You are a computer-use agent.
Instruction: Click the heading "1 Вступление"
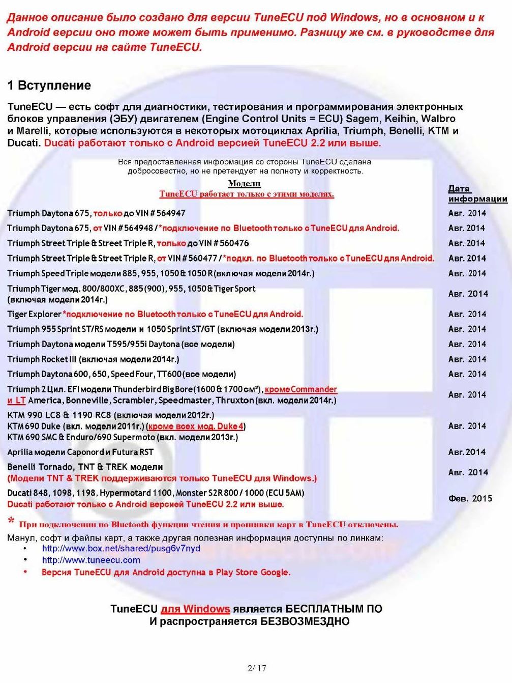pos(49,86)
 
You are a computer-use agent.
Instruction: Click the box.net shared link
pos(121,549)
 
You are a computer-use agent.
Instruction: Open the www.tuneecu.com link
pos(91,560)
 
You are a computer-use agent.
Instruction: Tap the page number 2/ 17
pos(256,668)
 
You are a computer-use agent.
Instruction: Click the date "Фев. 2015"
pos(470,499)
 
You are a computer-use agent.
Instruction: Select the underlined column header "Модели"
pos(244,184)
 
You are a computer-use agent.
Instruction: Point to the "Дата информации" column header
pos(477,194)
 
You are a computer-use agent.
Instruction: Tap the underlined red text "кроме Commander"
pos(301,389)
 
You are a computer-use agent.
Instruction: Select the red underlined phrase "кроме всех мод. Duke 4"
pos(196,426)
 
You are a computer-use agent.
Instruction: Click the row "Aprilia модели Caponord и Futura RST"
pos(80,452)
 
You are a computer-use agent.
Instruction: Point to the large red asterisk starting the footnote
pos(11,522)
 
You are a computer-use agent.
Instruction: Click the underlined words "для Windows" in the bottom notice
pos(195,609)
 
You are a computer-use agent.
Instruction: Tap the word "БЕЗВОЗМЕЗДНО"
pos(305,621)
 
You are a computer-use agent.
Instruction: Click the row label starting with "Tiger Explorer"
pos(34,315)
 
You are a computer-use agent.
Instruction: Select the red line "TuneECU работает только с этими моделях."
pos(247,194)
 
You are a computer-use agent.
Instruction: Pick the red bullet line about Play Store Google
pos(166,573)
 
